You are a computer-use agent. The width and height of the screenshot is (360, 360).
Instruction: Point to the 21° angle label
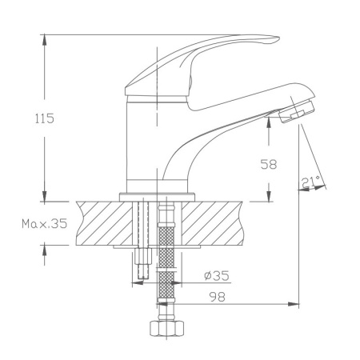tap(312, 182)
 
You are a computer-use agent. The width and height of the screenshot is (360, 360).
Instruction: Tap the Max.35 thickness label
tap(44, 225)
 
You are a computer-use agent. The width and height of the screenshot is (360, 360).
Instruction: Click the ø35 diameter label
tap(216, 276)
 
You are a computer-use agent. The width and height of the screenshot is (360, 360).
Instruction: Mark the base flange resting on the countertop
tap(158, 195)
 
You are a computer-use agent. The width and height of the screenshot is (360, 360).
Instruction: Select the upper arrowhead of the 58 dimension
tap(270, 127)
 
